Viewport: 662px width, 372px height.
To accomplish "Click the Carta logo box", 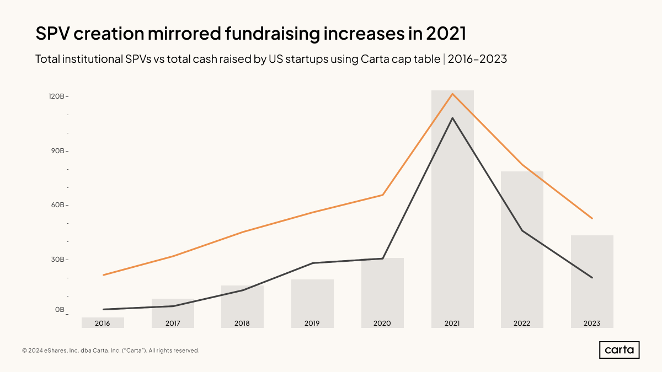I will [x=619, y=350].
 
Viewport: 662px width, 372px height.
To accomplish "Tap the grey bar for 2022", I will [x=522, y=248].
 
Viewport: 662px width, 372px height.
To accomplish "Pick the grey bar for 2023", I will [x=592, y=276].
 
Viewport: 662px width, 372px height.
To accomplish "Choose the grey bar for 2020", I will [x=382, y=289].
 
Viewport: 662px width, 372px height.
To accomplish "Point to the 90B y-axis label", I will [x=57, y=150].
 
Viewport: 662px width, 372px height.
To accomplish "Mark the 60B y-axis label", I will [x=57, y=205].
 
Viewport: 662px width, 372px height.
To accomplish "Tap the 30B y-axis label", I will [x=57, y=259].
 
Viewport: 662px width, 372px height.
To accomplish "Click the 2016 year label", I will [x=103, y=324].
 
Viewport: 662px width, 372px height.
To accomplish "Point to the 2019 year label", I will [x=312, y=324].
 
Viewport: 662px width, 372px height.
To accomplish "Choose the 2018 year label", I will [x=242, y=324].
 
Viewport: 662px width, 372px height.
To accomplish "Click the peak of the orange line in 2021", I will [x=452, y=94].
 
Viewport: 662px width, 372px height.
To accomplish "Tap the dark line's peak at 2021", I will [x=452, y=118].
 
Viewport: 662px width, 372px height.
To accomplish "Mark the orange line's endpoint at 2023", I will [x=592, y=219].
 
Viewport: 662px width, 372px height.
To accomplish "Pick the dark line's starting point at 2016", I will [x=103, y=309].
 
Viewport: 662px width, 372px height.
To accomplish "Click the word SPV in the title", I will [x=54, y=34].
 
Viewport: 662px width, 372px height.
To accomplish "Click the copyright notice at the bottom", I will [x=110, y=351].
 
